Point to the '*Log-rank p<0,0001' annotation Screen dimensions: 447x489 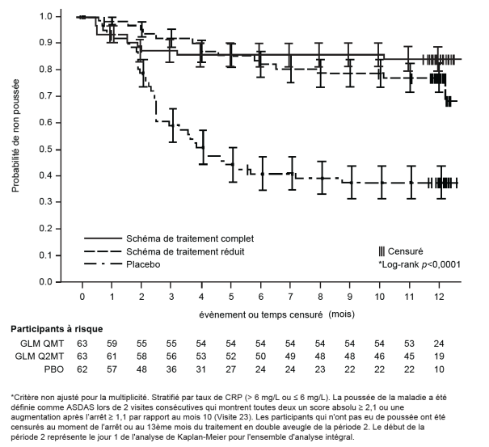[418, 264]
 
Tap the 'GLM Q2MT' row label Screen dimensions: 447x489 [33, 357]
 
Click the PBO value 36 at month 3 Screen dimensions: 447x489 [171, 370]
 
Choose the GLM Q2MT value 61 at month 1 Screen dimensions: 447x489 [112, 357]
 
